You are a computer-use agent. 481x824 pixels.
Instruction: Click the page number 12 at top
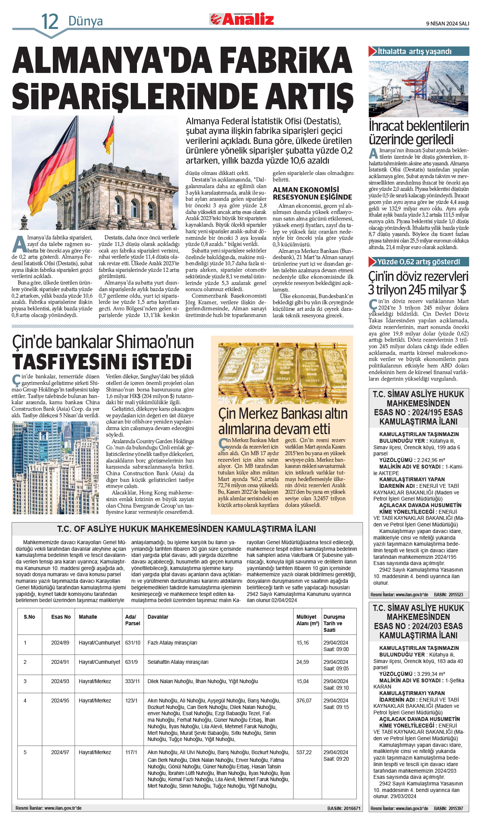49,22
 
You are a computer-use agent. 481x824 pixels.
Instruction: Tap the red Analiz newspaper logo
242,19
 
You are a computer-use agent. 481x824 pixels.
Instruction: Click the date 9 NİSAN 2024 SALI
447,24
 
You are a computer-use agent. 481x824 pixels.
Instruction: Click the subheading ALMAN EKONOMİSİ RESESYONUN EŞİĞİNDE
312,193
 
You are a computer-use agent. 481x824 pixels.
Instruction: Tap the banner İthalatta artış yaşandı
419,51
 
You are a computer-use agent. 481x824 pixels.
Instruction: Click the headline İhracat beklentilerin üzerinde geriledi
419,132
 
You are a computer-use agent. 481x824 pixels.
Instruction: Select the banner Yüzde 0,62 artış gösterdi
419,262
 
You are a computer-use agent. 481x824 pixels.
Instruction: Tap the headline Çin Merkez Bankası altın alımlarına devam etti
283,421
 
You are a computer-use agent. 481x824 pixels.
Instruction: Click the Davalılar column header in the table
158,617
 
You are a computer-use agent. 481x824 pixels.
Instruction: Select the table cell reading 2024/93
60,681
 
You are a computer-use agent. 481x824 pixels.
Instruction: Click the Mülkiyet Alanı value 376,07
304,700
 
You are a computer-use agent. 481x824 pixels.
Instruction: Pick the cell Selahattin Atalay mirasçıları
178,662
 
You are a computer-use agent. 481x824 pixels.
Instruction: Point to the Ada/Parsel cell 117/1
131,752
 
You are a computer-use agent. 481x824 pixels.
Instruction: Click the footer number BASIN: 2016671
344,808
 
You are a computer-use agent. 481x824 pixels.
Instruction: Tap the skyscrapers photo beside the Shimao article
55,467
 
